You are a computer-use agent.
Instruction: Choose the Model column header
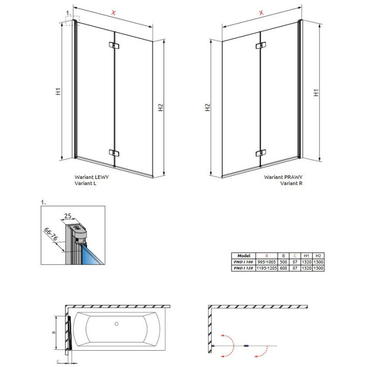coord(244,255)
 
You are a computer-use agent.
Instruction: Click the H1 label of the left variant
coord(59,92)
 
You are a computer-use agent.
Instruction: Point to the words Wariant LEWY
coord(92,177)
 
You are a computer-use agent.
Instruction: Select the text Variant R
coord(291,183)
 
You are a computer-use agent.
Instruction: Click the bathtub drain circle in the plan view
coord(117,324)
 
